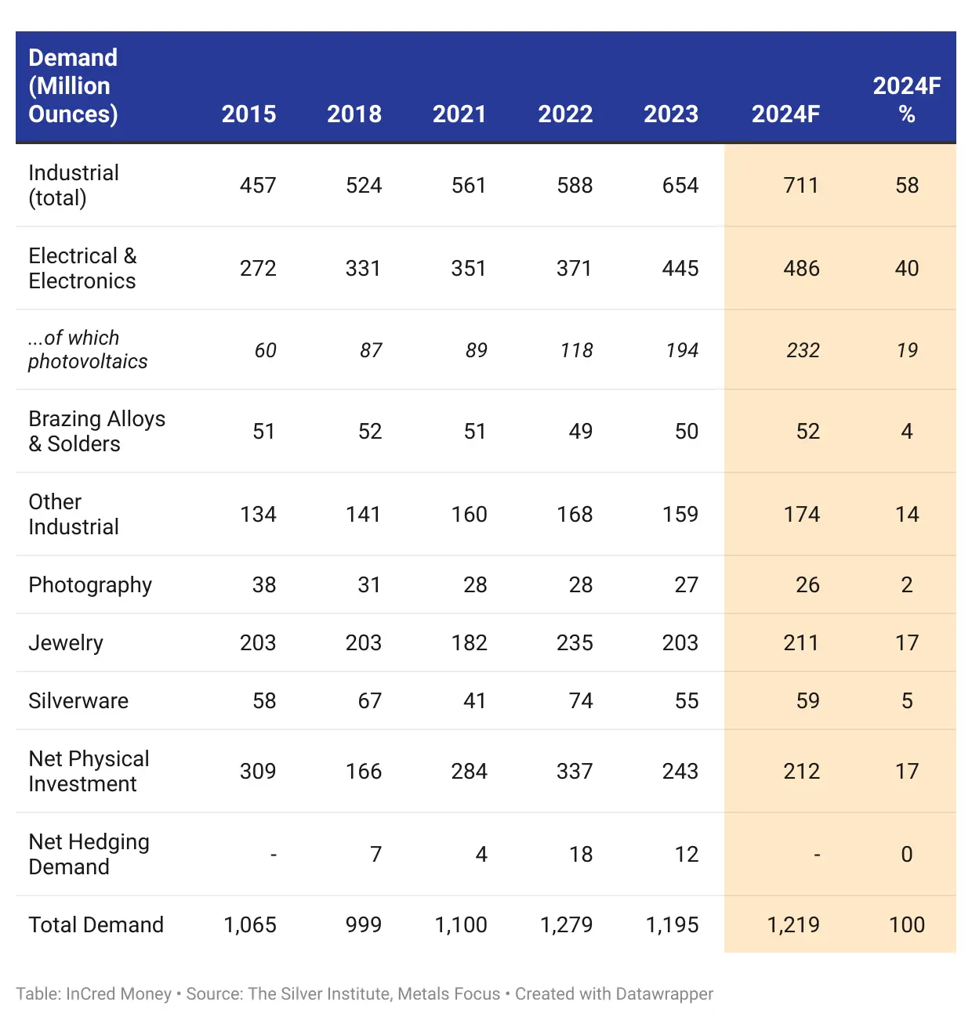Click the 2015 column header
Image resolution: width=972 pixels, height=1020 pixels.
[248, 114]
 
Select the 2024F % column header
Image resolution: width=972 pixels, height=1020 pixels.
[906, 99]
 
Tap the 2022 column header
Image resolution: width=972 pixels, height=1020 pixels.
[565, 114]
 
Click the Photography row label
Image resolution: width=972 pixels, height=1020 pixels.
[90, 585]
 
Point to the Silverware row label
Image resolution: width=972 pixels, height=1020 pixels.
[78, 701]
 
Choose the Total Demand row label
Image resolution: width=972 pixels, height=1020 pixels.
[96, 925]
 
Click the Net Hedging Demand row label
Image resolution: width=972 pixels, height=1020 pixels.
[89, 855]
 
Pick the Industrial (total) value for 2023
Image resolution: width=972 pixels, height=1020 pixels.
[680, 186]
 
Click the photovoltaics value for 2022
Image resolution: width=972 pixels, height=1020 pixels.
[576, 351]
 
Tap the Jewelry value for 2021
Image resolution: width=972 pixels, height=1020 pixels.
[469, 643]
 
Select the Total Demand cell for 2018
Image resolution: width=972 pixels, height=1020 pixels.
[363, 925]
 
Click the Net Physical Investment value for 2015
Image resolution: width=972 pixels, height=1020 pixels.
[258, 772]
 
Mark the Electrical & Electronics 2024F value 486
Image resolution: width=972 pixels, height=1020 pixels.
[801, 269]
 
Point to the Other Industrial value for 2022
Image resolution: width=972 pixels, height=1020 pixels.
[575, 515]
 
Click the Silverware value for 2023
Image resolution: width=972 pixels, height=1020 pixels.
[686, 701]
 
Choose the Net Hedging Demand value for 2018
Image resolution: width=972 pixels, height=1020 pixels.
[375, 855]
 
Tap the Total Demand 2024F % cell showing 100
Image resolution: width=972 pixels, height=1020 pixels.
[906, 925]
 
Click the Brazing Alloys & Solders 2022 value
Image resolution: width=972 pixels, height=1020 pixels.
[580, 432]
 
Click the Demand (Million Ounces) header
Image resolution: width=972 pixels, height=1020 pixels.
[73, 86]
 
